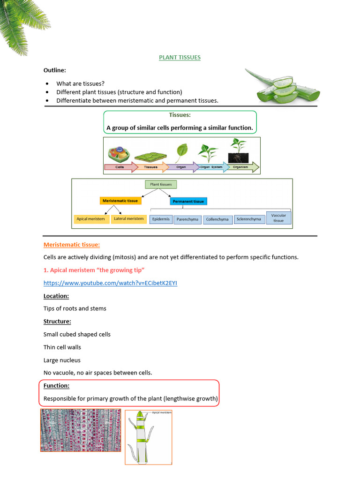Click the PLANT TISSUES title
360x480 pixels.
tap(180, 57)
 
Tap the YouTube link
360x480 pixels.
tap(110, 283)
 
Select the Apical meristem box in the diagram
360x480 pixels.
tap(90, 219)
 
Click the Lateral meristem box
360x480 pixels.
tap(129, 219)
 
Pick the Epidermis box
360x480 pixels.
tap(161, 219)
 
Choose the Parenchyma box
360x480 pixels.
tap(187, 219)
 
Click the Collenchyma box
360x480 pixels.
tap(217, 219)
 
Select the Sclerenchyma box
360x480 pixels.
tap(248, 219)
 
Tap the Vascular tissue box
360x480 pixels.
tap(278, 217)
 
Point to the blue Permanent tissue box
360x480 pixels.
tap(188, 201)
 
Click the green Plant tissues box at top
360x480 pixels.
tap(160, 184)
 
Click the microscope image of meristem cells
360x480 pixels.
tap(80, 430)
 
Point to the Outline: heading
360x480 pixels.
tap(55, 70)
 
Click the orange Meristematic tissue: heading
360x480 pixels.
tap(71, 244)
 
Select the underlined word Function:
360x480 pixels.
tap(56, 386)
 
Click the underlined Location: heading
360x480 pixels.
tap(56, 296)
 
